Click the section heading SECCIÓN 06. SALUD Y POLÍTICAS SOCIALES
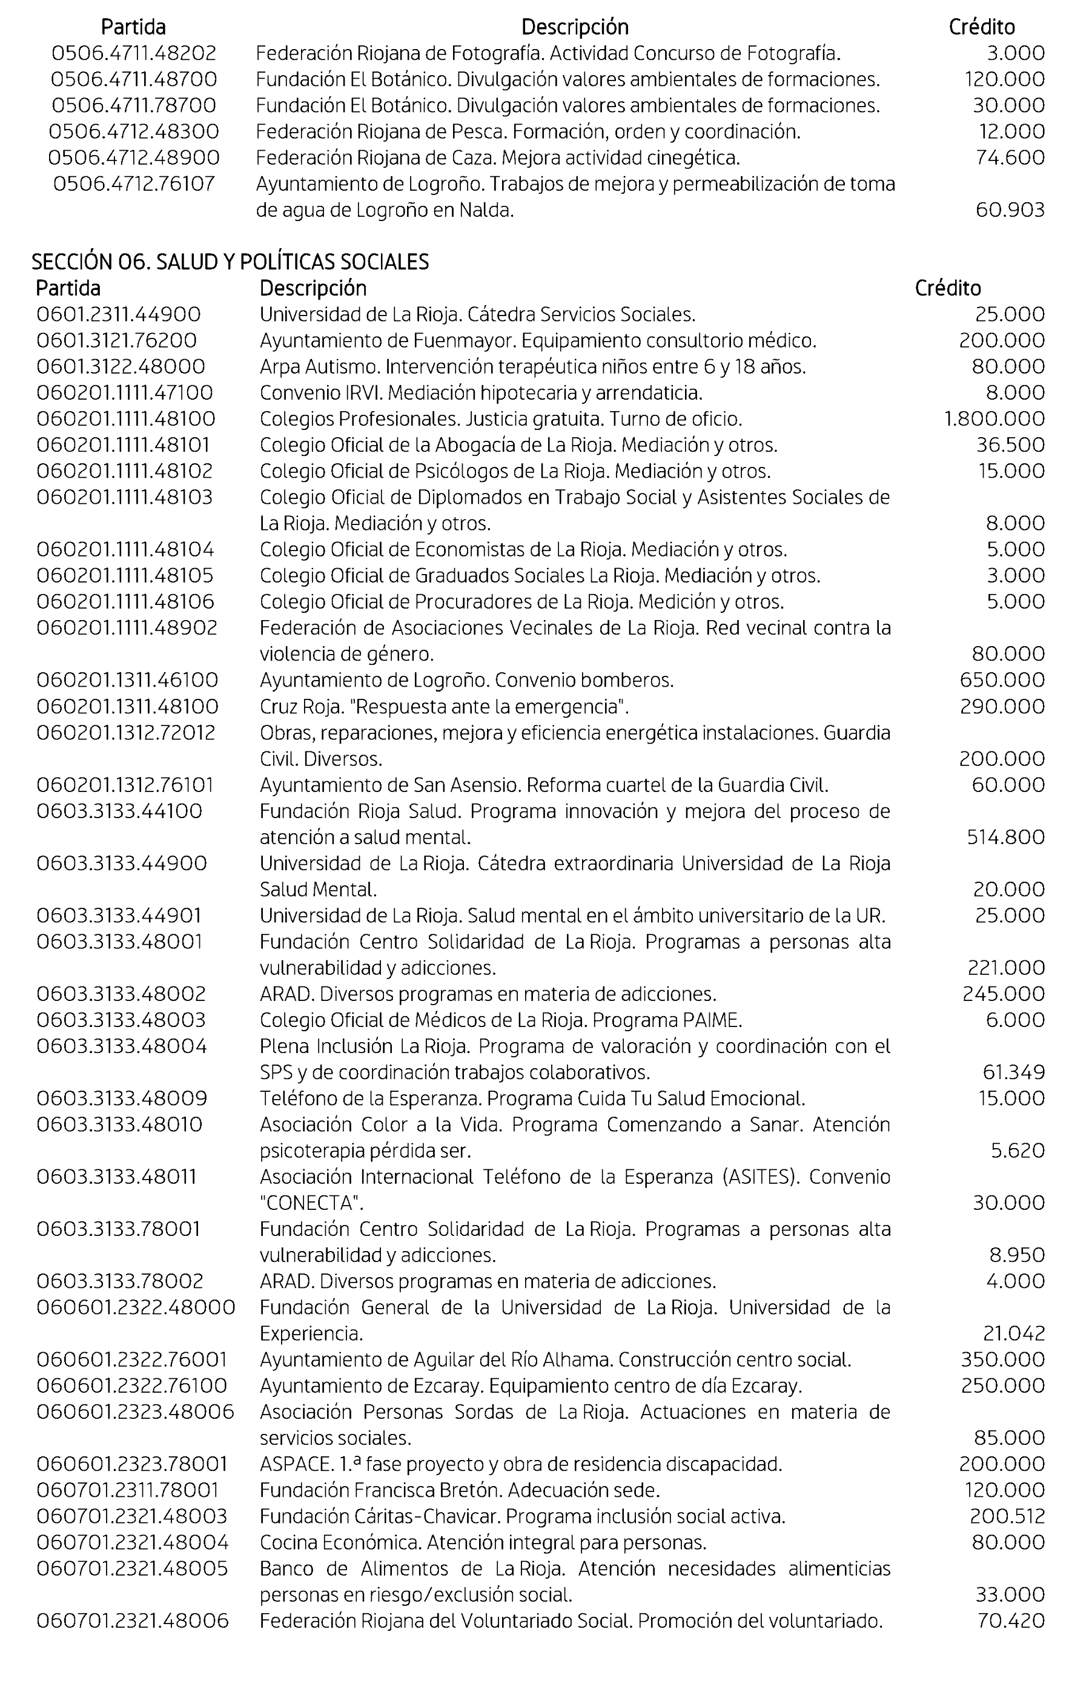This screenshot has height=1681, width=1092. click(x=230, y=262)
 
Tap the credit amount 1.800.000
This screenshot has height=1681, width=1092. click(x=994, y=419)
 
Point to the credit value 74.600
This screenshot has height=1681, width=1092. click(x=1010, y=157)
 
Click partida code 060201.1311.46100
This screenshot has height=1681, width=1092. click(x=127, y=680)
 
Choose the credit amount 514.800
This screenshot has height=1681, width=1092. click(x=1005, y=837)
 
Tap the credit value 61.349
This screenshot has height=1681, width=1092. click(x=1013, y=1072)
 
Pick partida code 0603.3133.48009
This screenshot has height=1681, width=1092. click(x=122, y=1098)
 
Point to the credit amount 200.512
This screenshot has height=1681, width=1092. click(x=1007, y=1516)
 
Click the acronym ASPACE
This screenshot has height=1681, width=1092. click(x=286, y=1464)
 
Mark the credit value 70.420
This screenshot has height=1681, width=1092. click(x=1010, y=1621)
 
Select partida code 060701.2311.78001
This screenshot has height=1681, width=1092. click(x=127, y=1490)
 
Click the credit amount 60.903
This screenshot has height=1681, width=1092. click(x=1010, y=210)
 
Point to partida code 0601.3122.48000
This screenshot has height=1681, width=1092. click(x=121, y=366)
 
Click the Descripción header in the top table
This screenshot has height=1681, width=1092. click(x=574, y=27)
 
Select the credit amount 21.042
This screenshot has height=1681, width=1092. click(x=1013, y=1333)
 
